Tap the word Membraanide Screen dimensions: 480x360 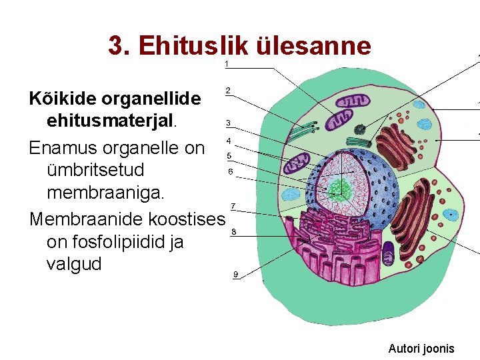pos(89,219)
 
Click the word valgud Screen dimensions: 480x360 pos(74,264)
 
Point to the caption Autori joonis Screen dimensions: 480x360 pos(421,348)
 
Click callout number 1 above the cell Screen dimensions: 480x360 pos(227,64)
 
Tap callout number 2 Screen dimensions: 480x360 pos(229,90)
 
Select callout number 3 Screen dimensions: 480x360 pos(229,123)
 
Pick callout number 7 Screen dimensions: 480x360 pos(232,205)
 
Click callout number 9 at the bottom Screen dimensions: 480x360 pos(235,275)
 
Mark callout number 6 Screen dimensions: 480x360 pos(231,171)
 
